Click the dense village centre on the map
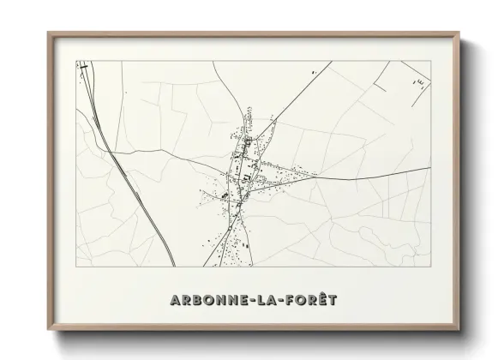point(243,167)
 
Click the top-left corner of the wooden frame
point(47,33)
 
